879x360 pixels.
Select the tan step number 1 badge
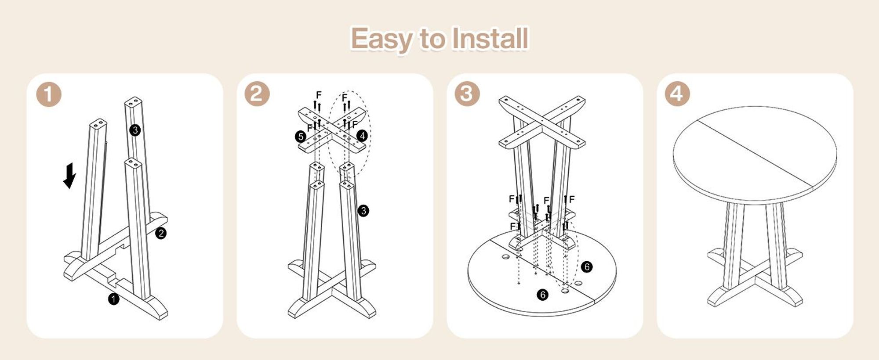48,94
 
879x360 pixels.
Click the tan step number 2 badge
257,94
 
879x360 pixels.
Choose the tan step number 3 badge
467,94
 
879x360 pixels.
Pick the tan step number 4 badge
677,94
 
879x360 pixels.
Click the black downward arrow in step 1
69,176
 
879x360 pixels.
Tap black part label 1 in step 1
114,299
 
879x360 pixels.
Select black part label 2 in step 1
161,233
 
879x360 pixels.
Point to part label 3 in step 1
135,130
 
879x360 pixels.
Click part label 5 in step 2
301,137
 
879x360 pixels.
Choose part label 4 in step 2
362,136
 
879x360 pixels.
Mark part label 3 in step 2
363,211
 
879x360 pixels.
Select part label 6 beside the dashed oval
587,266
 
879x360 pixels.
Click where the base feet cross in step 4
755,276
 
